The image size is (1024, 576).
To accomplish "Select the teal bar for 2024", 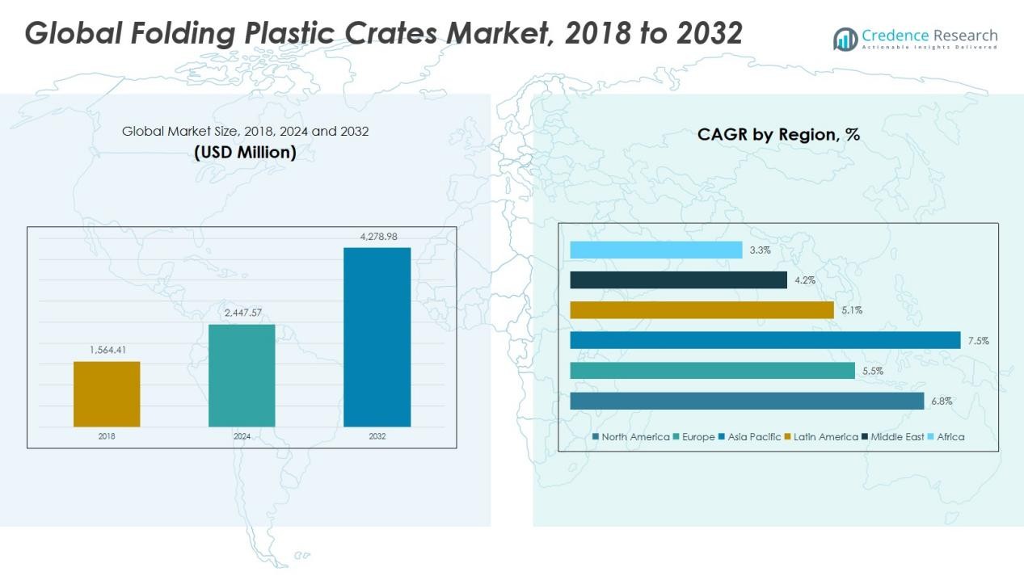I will pos(242,375).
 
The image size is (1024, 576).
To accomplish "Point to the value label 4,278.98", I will pos(377,237).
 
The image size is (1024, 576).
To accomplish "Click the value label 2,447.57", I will pos(242,313).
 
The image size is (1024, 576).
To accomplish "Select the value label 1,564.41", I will pos(107,350).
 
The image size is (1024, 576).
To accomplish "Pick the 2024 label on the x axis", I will pos(242,436).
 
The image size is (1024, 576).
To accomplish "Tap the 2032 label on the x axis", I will pos(377,436).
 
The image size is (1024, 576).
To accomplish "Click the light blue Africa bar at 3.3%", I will pos(655,250).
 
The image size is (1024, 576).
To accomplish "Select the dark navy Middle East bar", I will pos(678,280).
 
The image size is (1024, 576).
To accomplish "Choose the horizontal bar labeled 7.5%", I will pos(765,340).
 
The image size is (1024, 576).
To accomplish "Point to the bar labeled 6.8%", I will pos(746,401).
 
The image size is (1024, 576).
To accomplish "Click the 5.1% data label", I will pos(851,310).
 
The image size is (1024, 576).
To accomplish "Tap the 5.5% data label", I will pos(873,371).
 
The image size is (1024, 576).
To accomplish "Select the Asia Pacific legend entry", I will pos(749,437).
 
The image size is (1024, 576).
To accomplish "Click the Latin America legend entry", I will pos(820,437).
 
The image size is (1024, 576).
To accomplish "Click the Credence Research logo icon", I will pos(845,39).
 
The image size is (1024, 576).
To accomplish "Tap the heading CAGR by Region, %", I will pos(778,135).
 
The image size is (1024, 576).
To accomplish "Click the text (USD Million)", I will pos(245,152).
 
